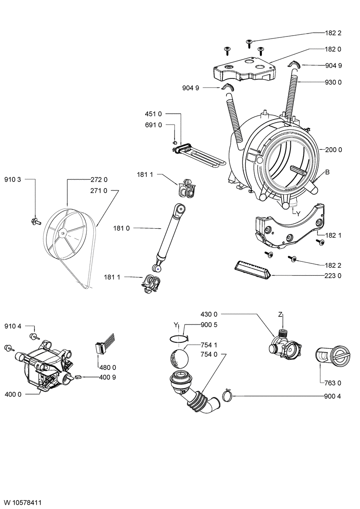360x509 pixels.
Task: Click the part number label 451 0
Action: [153, 114]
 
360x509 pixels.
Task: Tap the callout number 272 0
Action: [98, 179]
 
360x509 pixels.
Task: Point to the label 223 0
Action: [334, 276]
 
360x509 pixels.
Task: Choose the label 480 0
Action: [108, 367]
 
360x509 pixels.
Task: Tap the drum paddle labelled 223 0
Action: [252, 270]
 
